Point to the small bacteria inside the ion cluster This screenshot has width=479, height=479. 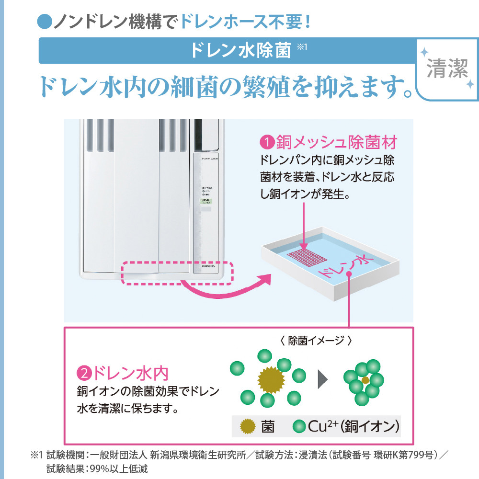pos(365,380)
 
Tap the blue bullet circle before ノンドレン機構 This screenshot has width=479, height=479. pos(44,22)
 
